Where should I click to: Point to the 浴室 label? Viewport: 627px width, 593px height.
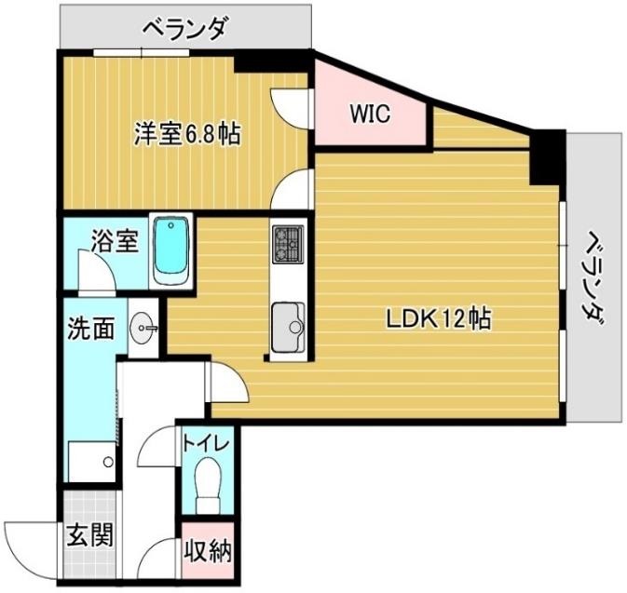click(x=114, y=243)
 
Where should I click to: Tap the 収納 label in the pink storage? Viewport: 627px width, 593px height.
click(x=207, y=552)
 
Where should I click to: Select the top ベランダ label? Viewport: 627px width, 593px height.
click(x=184, y=29)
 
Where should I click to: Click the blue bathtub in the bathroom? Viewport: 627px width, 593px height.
click(x=170, y=250)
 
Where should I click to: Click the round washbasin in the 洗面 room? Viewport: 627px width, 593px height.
click(x=143, y=327)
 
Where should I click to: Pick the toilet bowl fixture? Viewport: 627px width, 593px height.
click(x=208, y=486)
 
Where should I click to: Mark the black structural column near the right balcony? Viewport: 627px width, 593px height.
click(x=547, y=158)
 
